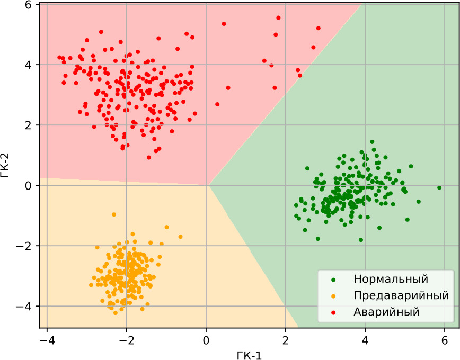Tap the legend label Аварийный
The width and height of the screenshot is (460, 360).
(386, 312)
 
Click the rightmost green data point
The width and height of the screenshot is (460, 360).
(439, 187)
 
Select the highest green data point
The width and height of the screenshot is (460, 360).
(372, 142)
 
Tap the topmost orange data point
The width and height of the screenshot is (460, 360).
(114, 214)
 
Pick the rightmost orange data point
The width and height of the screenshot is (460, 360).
(180, 237)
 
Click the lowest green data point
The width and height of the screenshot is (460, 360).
(361, 240)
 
